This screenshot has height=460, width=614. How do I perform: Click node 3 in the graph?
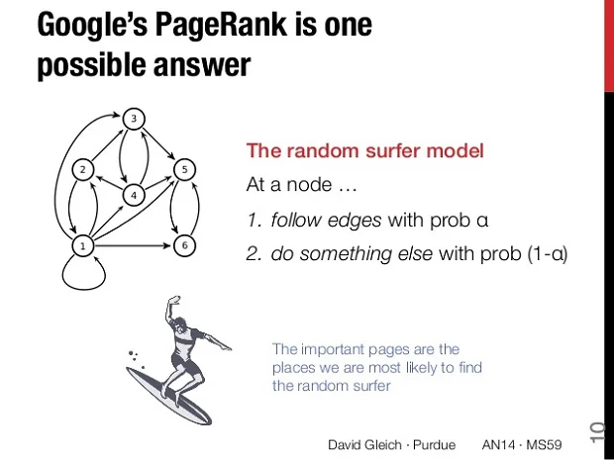[x=136, y=121]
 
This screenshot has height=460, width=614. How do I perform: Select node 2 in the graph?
[x=86, y=169]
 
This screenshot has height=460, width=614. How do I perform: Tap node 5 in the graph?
[x=183, y=169]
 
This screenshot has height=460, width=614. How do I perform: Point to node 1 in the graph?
[x=86, y=243]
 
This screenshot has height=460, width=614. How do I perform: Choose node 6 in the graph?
[x=183, y=243]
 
